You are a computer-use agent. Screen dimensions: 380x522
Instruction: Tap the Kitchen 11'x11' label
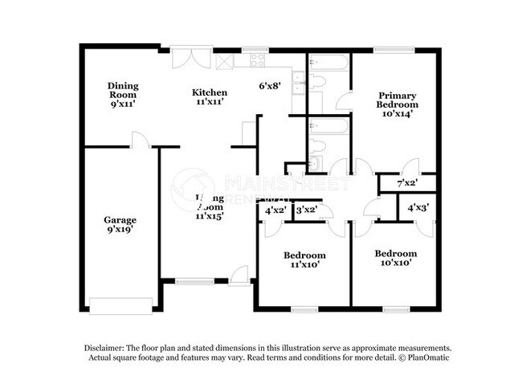(208, 96)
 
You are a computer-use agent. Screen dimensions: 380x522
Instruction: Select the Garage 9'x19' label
(120, 225)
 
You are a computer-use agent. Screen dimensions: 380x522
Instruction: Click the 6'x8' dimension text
(269, 85)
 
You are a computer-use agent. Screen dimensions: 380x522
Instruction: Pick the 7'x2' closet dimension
(408, 184)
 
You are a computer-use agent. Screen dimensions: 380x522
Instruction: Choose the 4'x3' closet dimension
(417, 208)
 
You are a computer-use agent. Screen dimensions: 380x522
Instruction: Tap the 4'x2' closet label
(275, 211)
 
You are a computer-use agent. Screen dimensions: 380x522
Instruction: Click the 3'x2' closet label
(305, 211)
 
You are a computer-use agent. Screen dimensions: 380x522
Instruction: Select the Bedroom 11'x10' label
(304, 259)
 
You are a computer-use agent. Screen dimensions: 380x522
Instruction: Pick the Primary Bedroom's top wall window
(394, 51)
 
